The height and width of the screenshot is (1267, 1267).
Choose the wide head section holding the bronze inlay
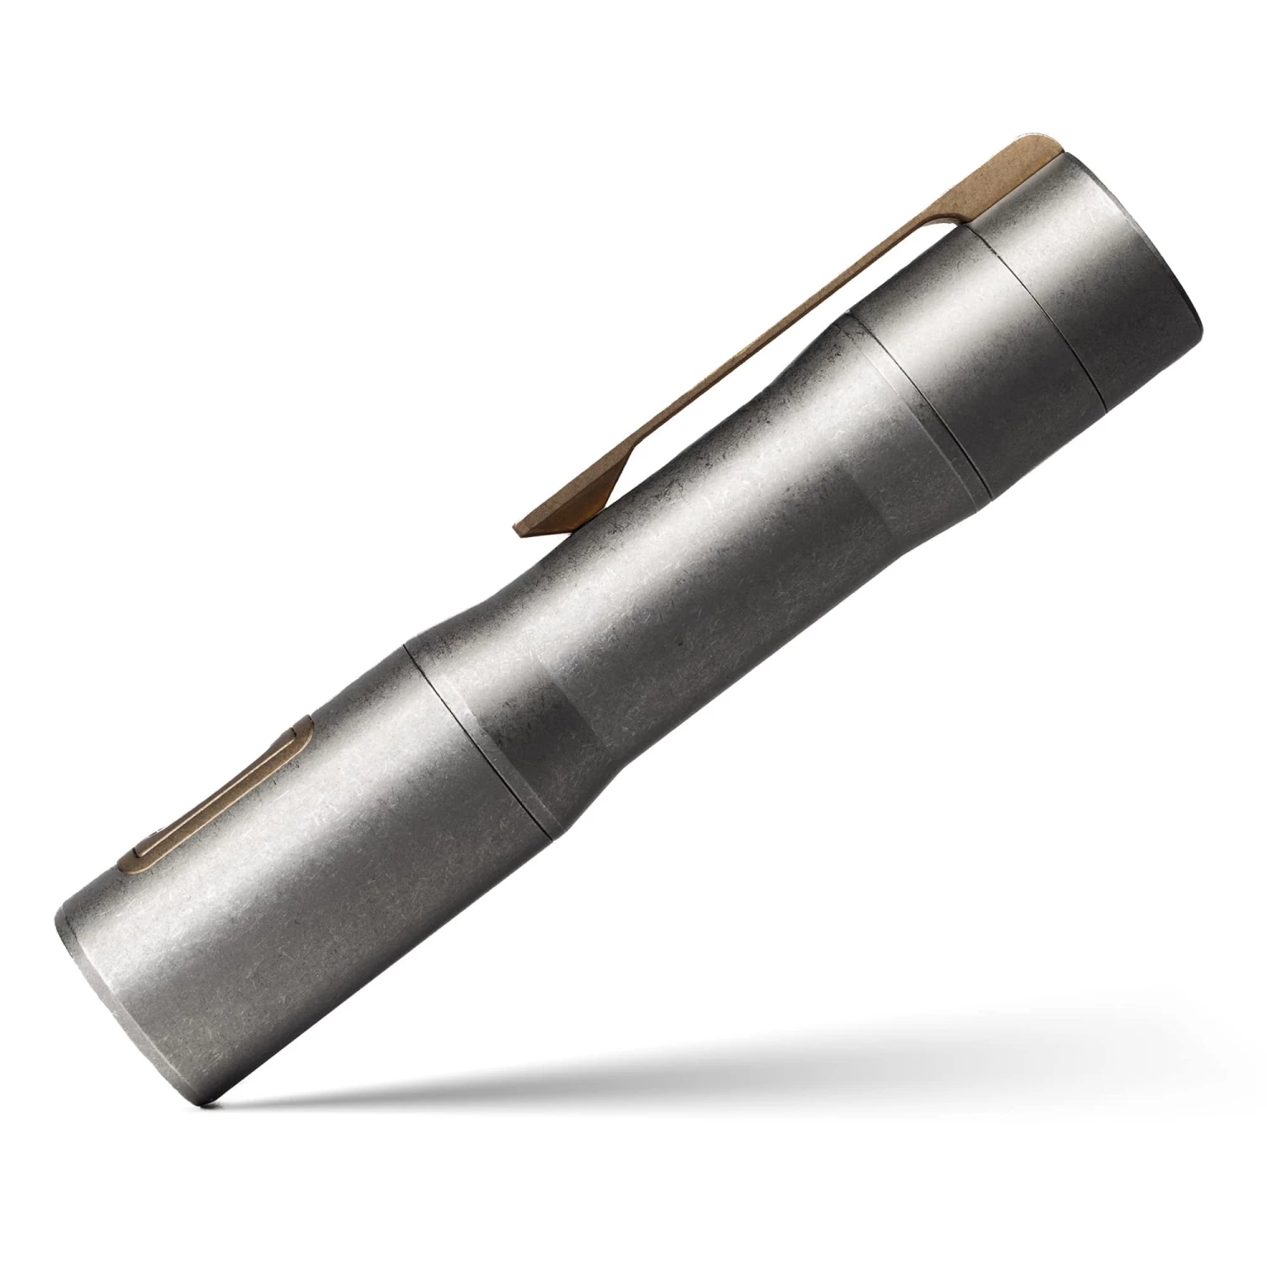321,887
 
